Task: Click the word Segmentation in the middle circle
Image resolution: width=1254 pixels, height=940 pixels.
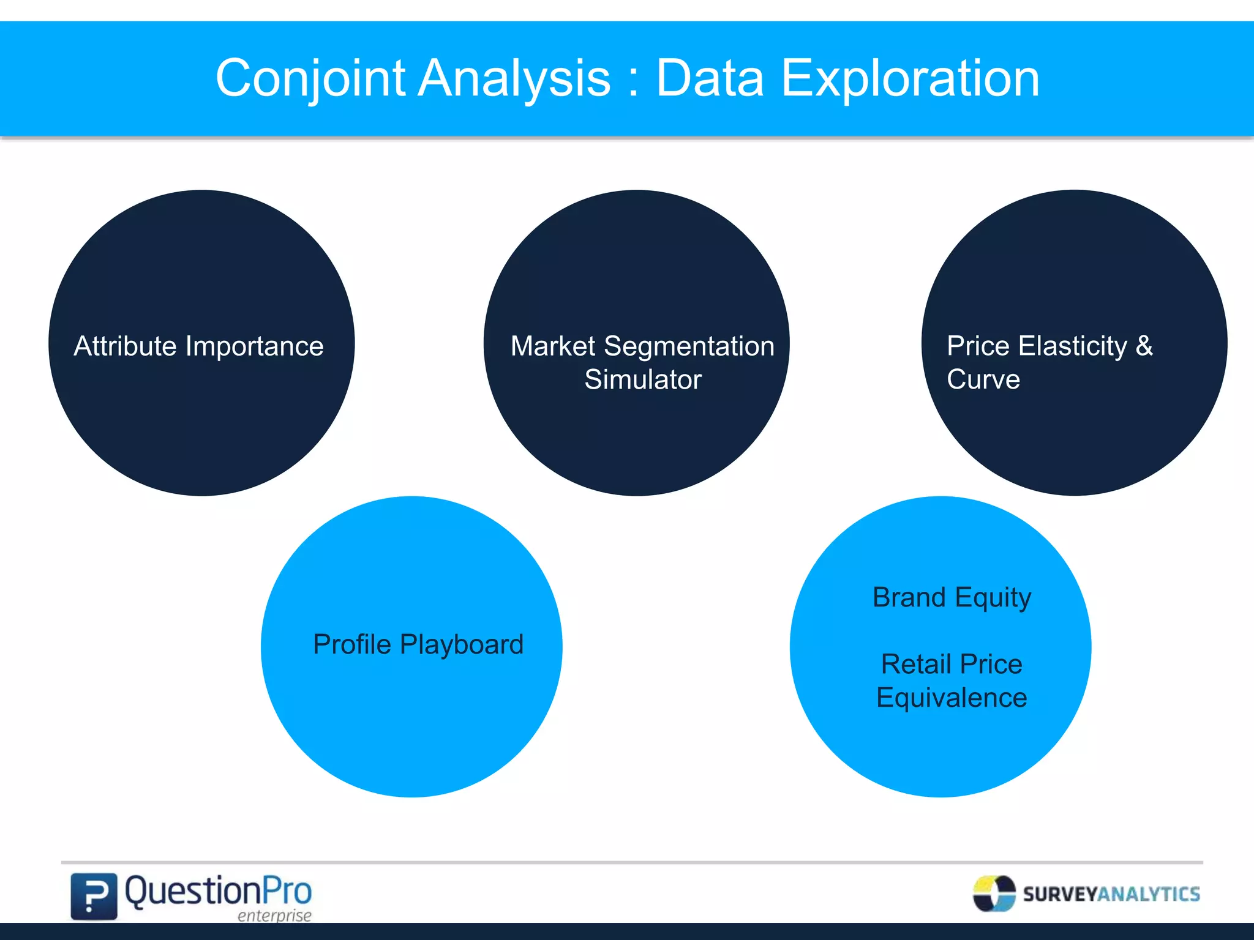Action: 689,346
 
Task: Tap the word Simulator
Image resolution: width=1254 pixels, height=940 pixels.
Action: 642,379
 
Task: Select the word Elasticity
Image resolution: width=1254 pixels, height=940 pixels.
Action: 1072,346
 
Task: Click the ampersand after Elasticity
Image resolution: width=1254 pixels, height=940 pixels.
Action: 1144,346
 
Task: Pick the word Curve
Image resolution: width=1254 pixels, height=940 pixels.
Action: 983,379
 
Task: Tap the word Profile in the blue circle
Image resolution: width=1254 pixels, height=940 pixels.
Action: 351,644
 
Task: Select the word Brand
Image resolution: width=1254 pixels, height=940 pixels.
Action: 909,597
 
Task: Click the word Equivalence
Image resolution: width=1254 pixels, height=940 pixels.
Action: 951,698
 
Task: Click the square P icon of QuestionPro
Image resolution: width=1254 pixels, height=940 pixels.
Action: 94,896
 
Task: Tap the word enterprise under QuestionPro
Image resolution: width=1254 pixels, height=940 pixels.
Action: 274,916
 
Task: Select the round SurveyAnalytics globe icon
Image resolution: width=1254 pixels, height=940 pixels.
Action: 994,893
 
